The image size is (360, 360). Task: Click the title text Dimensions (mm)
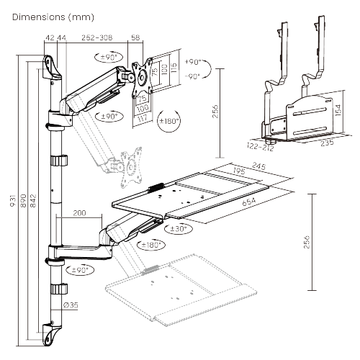click(x=50, y=14)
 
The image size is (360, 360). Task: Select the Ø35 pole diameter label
click(x=71, y=305)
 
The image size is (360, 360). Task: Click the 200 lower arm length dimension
click(x=81, y=214)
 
